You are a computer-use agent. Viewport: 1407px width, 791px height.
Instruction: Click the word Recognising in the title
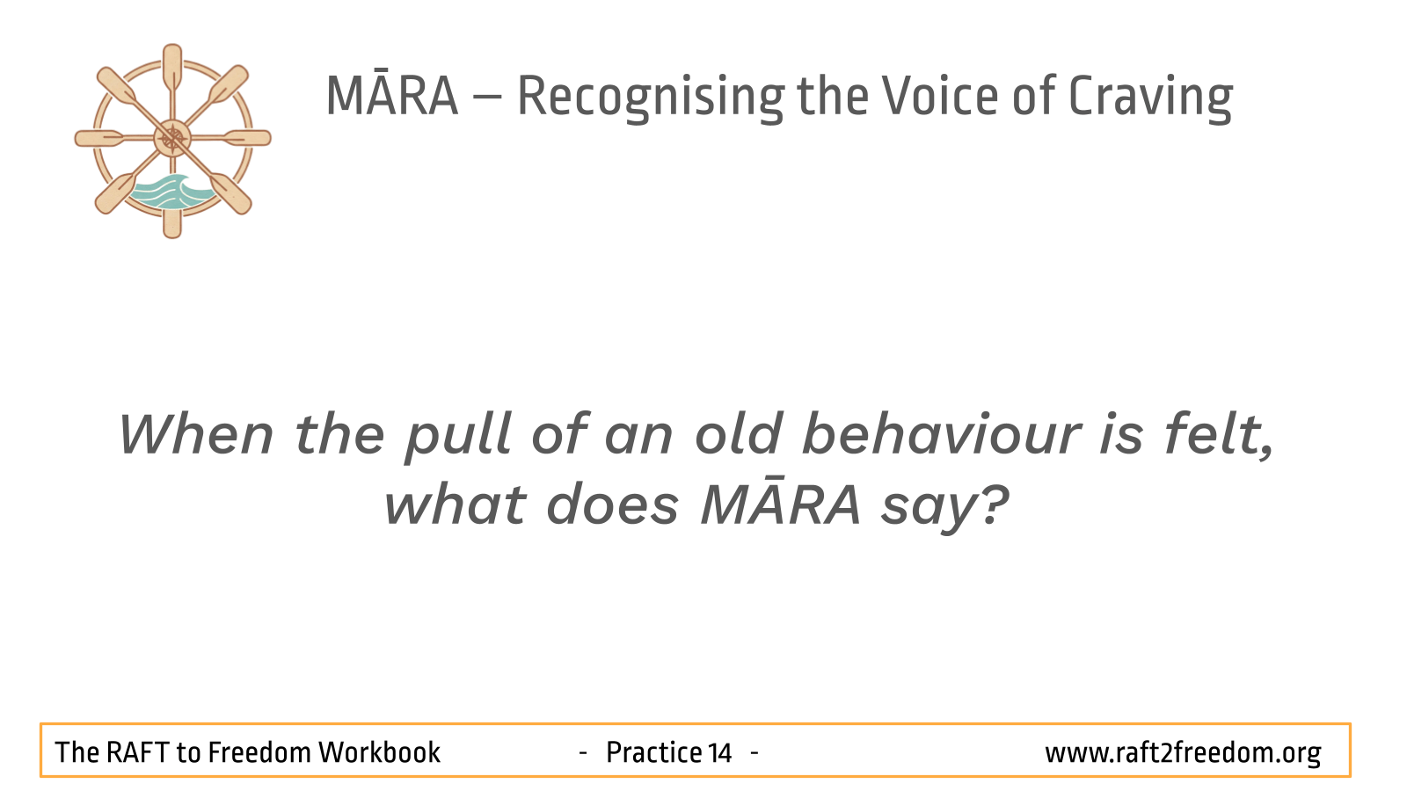tap(650, 98)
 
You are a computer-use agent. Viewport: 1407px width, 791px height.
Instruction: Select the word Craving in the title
tap(1151, 98)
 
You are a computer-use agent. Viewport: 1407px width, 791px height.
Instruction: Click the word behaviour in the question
tap(942, 433)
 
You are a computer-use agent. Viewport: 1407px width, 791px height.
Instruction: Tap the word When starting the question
tap(197, 434)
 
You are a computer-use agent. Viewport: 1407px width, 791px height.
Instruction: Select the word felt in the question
tap(1219, 434)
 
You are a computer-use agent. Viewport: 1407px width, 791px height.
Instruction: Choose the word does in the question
tap(613, 504)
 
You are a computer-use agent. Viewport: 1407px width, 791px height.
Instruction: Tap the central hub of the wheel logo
tap(172, 138)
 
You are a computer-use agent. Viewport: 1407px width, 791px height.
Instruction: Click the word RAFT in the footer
tap(137, 752)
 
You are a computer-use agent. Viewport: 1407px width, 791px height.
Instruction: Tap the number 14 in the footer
tap(719, 752)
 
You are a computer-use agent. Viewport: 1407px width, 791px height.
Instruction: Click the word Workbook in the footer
tap(379, 752)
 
